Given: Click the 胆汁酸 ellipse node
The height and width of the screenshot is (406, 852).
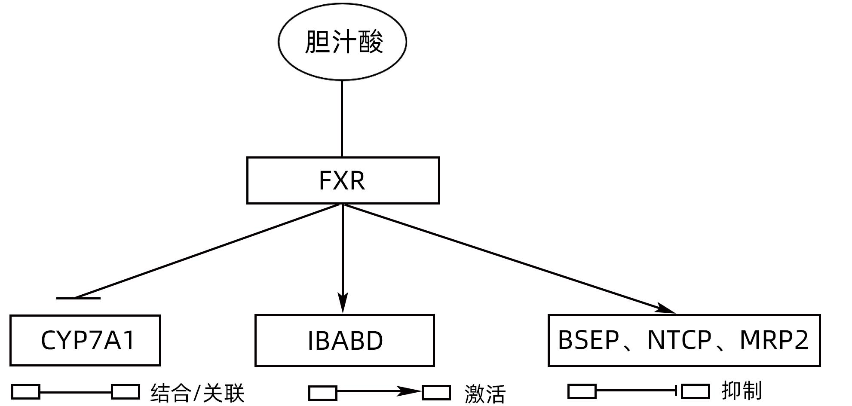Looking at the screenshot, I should coord(342,41).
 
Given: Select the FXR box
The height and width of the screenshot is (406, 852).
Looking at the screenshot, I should coord(343,180).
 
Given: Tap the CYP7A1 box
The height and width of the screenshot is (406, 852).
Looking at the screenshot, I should coord(85,340).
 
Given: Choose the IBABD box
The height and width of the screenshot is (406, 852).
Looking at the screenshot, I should coord(344,340).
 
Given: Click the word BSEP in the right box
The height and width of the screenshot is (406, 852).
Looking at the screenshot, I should coord(588,340).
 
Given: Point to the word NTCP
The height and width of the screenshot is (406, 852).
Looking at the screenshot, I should coord(679,340).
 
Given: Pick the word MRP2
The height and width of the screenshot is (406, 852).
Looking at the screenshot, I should coord(774,340).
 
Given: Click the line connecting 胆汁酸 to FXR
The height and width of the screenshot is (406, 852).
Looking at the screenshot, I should coord(342,119).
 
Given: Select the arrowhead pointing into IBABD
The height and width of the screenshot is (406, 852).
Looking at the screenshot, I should coord(343,303).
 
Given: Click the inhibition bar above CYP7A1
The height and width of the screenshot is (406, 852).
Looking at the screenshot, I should coord(79,298).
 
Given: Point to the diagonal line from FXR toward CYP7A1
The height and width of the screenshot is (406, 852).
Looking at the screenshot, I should coord(206,251).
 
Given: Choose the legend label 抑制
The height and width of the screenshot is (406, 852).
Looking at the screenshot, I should coord(742,391).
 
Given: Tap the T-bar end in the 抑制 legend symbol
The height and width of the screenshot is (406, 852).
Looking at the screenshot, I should coord(677,391).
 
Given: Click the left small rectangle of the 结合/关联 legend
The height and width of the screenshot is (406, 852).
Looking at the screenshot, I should coord(26,392).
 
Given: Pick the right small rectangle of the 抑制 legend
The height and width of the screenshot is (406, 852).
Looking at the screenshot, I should coord(696,391).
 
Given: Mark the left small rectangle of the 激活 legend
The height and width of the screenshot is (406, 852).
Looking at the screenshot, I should coord(323,393).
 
